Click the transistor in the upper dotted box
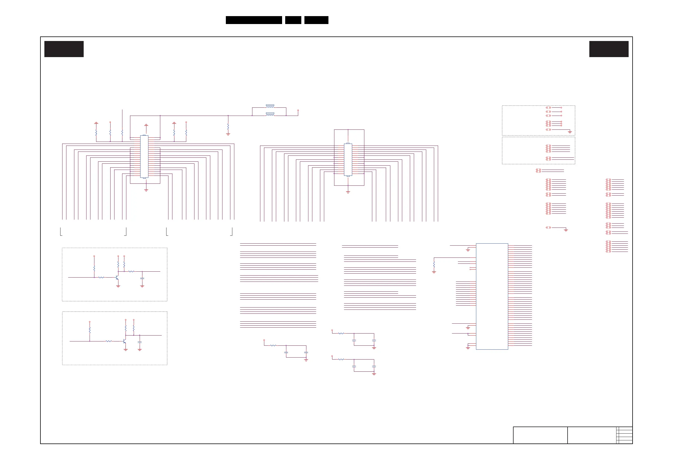pos(117,277)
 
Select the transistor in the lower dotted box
pos(125,341)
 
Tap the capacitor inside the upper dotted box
pos(142,278)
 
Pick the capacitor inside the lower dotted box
pos(140,342)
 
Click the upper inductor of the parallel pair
pos(270,106)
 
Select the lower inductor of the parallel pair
pos(270,114)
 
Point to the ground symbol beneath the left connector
pos(146,190)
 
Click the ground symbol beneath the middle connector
pos(348,192)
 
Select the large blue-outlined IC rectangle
pos(492,296)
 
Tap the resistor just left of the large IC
pos(434,265)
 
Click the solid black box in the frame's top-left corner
pos(64,49)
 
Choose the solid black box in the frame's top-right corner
pos(609,49)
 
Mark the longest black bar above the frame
pos(254,20)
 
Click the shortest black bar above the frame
pos(293,20)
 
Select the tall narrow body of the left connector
pos(144,157)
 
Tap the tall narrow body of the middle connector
pos(348,159)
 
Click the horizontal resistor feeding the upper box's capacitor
pos(131,271)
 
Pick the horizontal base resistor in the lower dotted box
pos(109,341)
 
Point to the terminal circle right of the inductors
pos(298,111)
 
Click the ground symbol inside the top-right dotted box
pos(570,132)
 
